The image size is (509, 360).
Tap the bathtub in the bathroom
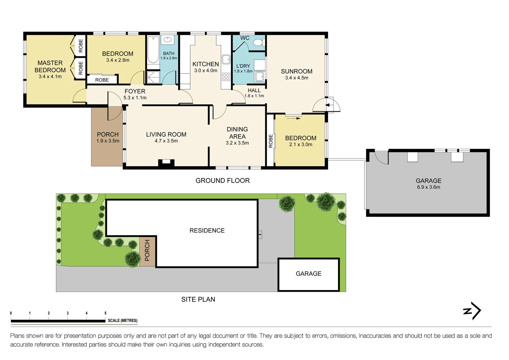153,50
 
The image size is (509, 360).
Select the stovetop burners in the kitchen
226,77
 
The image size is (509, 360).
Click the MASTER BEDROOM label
50,66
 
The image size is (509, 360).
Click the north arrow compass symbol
472,311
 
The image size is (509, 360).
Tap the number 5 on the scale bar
105,313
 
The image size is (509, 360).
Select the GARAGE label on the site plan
308,274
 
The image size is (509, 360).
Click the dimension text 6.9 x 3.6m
428,187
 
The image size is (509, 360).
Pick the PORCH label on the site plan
147,250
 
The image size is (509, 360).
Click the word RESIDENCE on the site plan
207,231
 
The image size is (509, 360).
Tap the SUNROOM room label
296,71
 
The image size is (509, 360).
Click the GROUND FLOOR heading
223,181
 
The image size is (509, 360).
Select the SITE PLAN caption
198,299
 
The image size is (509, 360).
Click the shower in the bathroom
153,77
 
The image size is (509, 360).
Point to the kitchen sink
226,59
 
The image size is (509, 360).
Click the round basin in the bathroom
167,40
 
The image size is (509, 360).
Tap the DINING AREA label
237,133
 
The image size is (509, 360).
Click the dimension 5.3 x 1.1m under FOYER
135,98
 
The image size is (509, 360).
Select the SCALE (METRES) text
123,321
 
